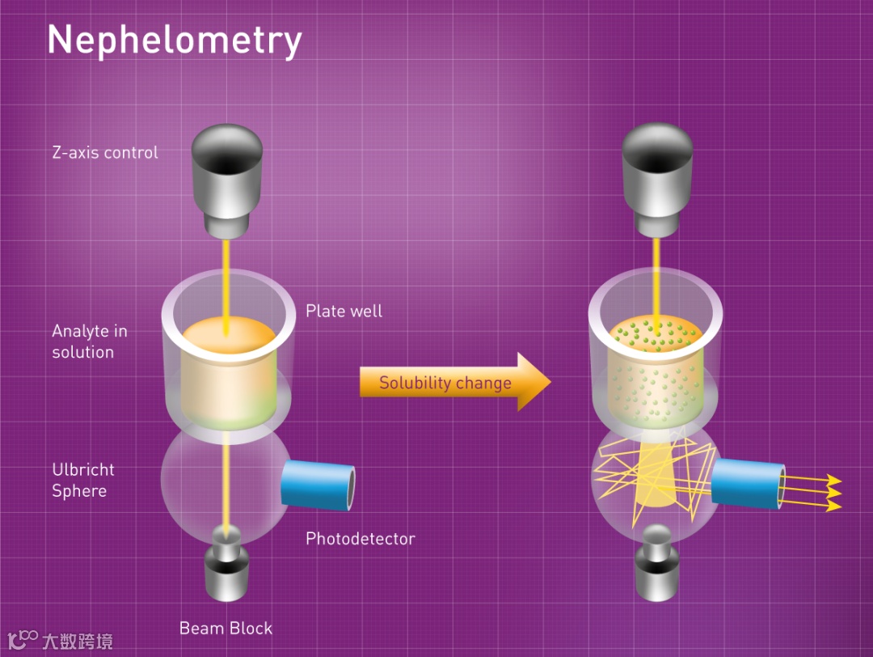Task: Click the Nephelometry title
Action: (x=175, y=39)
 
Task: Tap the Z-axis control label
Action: (x=105, y=152)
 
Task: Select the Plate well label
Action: (x=344, y=311)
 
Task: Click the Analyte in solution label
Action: (x=89, y=341)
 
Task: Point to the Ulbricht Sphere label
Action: (x=83, y=480)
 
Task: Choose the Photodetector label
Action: (x=360, y=538)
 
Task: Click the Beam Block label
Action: (x=226, y=628)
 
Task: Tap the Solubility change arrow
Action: (x=453, y=383)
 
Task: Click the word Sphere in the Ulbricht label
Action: (x=79, y=491)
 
